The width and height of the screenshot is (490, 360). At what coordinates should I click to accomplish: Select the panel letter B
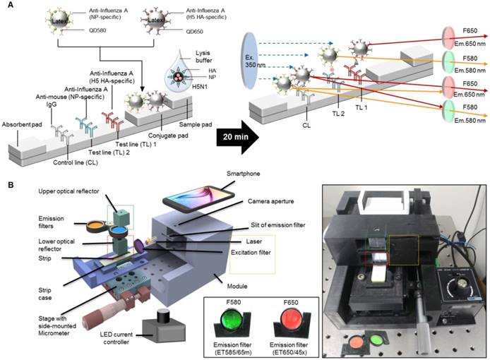click(x=6, y=185)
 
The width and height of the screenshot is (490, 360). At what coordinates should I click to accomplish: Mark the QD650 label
click(x=196, y=32)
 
